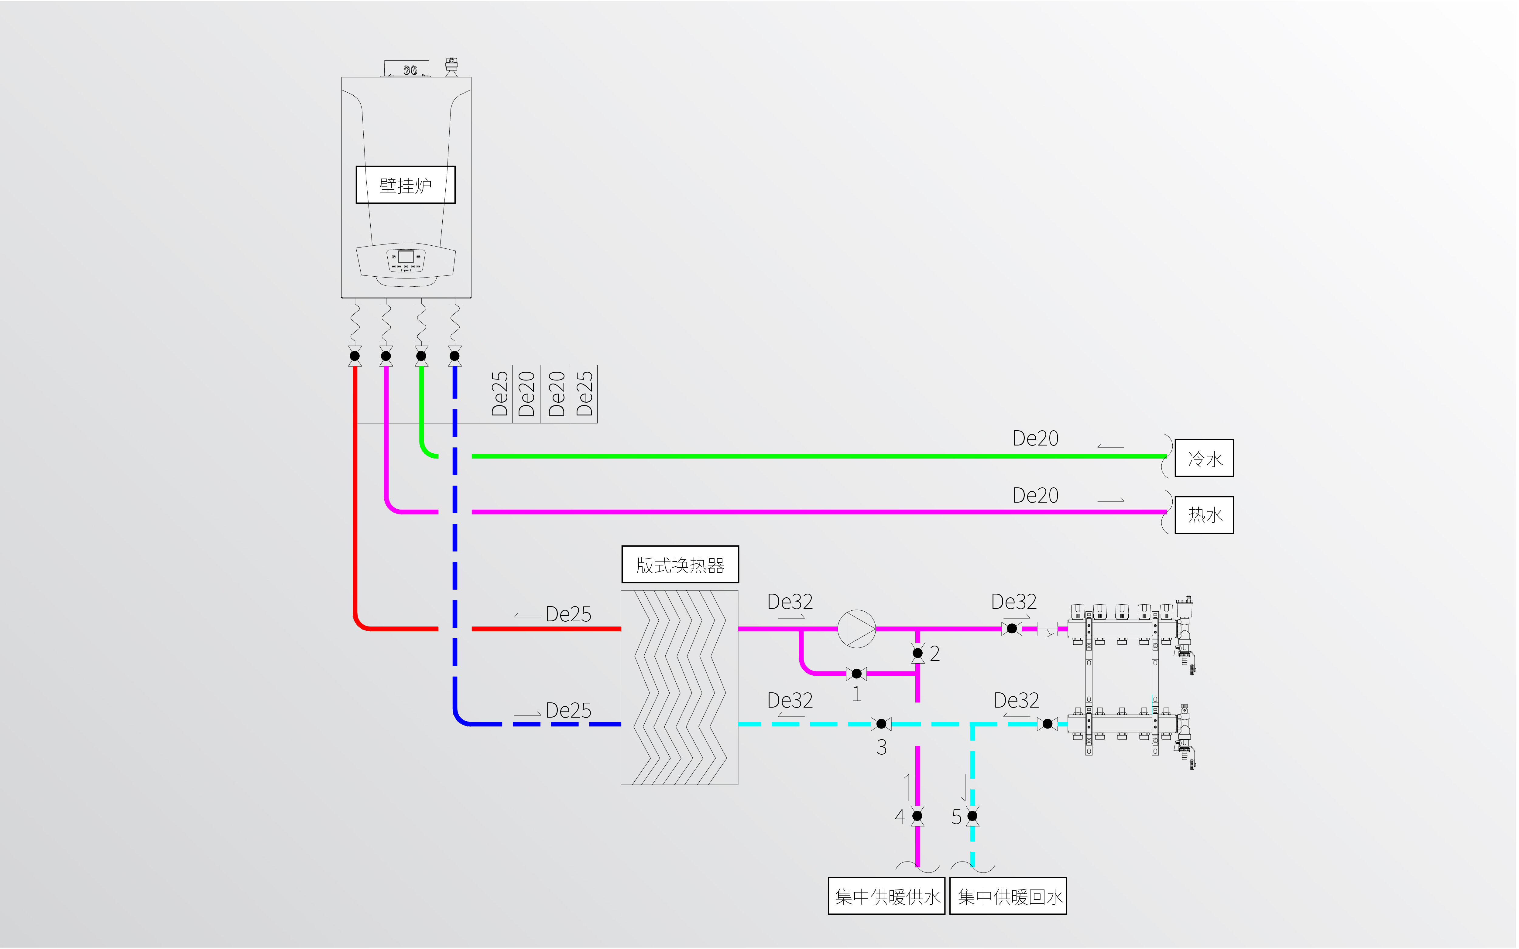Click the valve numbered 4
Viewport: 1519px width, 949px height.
(918, 816)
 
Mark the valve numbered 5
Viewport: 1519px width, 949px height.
(973, 816)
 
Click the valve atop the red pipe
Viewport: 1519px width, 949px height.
(355, 356)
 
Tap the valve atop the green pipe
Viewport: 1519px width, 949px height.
(421, 356)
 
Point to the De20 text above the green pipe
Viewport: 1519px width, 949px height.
(1036, 438)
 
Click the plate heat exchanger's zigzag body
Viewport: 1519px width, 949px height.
(680, 687)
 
